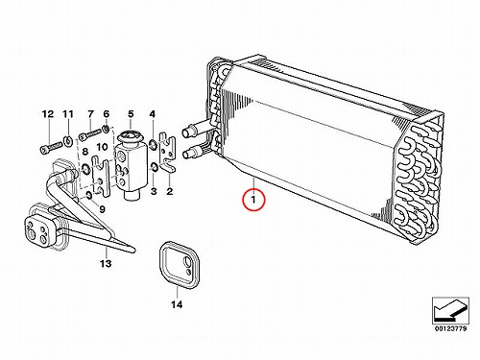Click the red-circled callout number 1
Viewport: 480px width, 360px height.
tap(253, 200)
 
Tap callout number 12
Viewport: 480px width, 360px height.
tap(48, 114)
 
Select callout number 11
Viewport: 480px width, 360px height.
tap(68, 114)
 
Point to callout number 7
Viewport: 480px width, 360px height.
tap(90, 114)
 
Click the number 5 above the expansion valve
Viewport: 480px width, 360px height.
tap(131, 114)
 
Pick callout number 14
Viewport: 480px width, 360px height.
tap(177, 304)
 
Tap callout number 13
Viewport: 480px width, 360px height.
tap(106, 263)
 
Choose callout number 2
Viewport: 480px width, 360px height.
tap(170, 191)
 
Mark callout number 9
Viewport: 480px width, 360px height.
tap(102, 209)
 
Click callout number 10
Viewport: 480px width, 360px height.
tap(102, 147)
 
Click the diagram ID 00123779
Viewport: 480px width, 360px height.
tap(450, 328)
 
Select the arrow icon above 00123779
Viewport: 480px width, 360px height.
tap(450, 310)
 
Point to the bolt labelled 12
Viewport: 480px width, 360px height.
tap(51, 148)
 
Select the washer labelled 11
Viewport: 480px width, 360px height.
tap(68, 141)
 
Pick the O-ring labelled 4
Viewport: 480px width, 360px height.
tap(153, 144)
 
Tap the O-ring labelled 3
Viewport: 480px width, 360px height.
tap(154, 167)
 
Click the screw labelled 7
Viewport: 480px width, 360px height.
tap(89, 134)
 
